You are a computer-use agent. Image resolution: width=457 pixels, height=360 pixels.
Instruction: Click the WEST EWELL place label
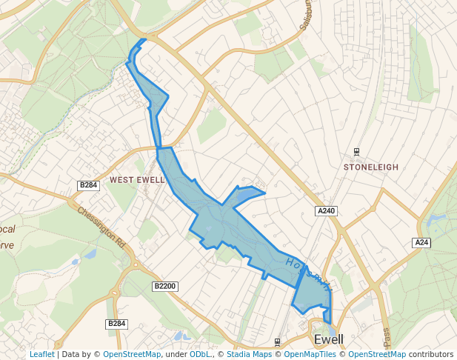tap(137, 180)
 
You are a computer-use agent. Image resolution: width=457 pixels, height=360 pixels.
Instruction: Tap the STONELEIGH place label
tap(371, 167)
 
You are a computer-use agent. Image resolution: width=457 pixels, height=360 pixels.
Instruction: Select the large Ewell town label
tap(329, 340)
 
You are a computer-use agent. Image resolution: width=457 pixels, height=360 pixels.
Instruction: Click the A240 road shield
tap(327, 211)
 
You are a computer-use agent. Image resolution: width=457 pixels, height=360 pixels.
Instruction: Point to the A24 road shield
tap(421, 242)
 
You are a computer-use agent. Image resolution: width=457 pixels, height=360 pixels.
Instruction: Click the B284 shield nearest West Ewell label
tap(88, 184)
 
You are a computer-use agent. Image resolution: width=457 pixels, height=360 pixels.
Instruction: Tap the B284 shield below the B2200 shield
tap(117, 324)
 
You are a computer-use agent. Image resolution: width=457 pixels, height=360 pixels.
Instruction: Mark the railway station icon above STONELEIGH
tap(356, 152)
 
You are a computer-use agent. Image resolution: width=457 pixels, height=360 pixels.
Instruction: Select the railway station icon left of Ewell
tap(276, 341)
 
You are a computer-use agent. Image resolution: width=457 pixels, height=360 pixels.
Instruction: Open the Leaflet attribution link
tap(41, 355)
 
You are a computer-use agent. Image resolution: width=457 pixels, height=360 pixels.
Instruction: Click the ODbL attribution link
tap(201, 355)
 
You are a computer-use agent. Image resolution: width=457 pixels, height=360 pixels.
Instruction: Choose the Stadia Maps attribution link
tap(249, 355)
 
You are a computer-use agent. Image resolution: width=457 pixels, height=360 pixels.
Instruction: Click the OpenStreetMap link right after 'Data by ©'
tap(132, 355)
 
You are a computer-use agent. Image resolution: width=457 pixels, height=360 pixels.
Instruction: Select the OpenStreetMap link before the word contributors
tap(377, 355)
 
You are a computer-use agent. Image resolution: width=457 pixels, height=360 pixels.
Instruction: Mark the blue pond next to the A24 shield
tap(433, 220)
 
